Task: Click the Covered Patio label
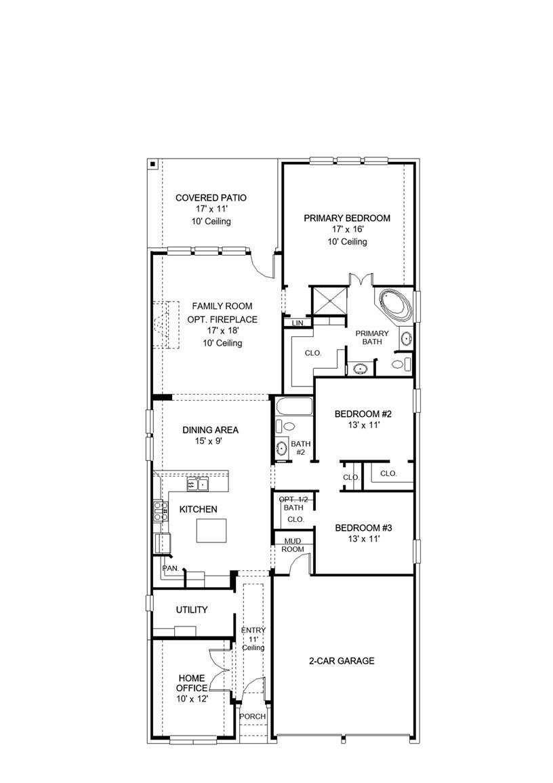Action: (x=211, y=198)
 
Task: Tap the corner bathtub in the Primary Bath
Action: (x=395, y=304)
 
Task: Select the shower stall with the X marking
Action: (x=329, y=300)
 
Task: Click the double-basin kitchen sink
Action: (x=198, y=484)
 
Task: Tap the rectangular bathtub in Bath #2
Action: (x=293, y=407)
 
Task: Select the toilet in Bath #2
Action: (x=286, y=427)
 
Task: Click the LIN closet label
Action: (x=297, y=324)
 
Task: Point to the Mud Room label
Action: (x=293, y=545)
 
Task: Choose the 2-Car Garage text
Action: (x=342, y=661)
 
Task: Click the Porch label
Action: (x=253, y=717)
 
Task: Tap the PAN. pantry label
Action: (x=169, y=568)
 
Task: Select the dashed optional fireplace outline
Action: (x=165, y=325)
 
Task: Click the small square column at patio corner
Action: (x=153, y=163)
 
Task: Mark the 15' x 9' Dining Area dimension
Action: (x=210, y=441)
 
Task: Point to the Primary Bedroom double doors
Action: (x=357, y=279)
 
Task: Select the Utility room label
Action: (x=192, y=610)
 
